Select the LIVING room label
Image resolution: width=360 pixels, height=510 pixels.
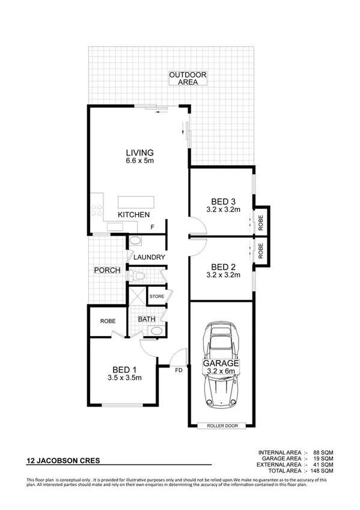139,152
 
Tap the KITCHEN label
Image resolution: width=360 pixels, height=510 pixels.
133,215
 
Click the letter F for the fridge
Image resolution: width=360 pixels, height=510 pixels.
153,227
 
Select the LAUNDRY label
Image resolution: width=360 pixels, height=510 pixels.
149,257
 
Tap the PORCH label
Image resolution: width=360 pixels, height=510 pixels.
107,271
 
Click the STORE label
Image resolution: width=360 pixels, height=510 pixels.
157,296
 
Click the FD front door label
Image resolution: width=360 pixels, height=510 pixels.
179,370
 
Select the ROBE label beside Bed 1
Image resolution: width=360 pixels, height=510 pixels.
108,321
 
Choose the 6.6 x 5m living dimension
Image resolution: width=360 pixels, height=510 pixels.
139,161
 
